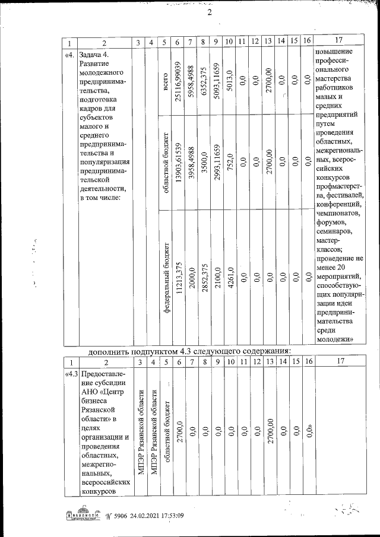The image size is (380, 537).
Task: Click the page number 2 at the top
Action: click(x=210, y=14)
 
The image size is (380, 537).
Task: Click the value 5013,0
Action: click(x=230, y=80)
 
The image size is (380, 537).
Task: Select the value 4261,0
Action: click(x=230, y=277)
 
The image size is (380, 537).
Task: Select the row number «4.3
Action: click(x=71, y=374)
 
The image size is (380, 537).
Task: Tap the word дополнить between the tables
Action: click(x=107, y=351)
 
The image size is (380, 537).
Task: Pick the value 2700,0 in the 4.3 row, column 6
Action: click(x=178, y=431)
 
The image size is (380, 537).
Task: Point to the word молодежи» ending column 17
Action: click(x=336, y=339)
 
